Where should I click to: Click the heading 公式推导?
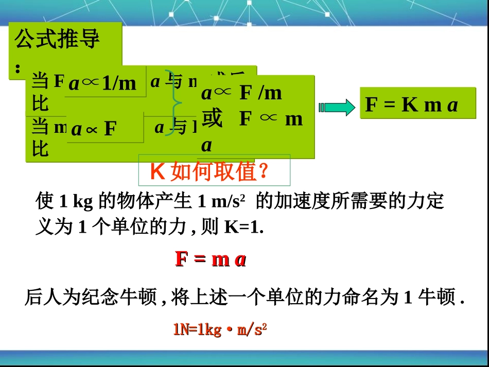pyautogui.click(x=57, y=40)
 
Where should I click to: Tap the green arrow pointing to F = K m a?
pyautogui.click(x=337, y=108)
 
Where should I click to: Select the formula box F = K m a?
pyautogui.click(x=411, y=105)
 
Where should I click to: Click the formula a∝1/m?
pyautogui.click(x=102, y=83)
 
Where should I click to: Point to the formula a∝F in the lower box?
pyautogui.click(x=94, y=129)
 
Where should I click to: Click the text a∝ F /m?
pyautogui.click(x=241, y=93)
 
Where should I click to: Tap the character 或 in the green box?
pyautogui.click(x=212, y=119)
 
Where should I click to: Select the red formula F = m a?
pyautogui.click(x=211, y=259)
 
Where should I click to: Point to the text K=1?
pyautogui.click(x=243, y=227)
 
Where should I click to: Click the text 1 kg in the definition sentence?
pyautogui.click(x=76, y=202)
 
